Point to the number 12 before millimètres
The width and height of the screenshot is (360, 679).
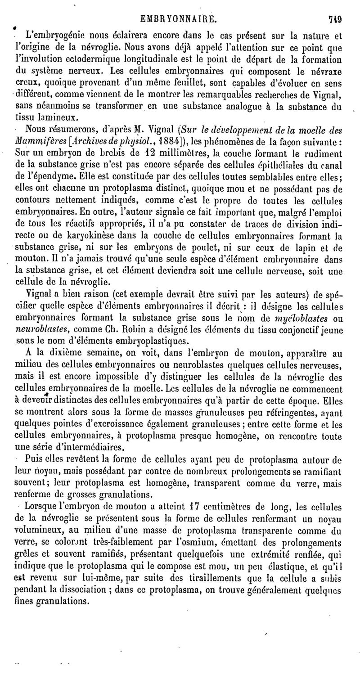tap(116, 153)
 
